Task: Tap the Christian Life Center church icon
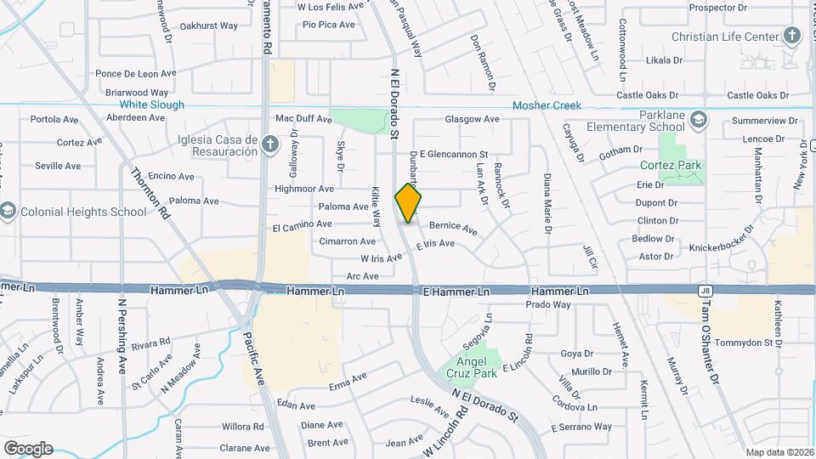(792, 36)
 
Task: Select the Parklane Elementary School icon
(699, 118)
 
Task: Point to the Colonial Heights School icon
(8, 211)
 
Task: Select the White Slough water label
(151, 105)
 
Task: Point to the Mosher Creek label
(547, 105)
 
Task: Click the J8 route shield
(705, 291)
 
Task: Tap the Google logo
(28, 448)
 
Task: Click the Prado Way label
(547, 303)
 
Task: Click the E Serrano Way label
(581, 427)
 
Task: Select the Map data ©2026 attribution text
(779, 452)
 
